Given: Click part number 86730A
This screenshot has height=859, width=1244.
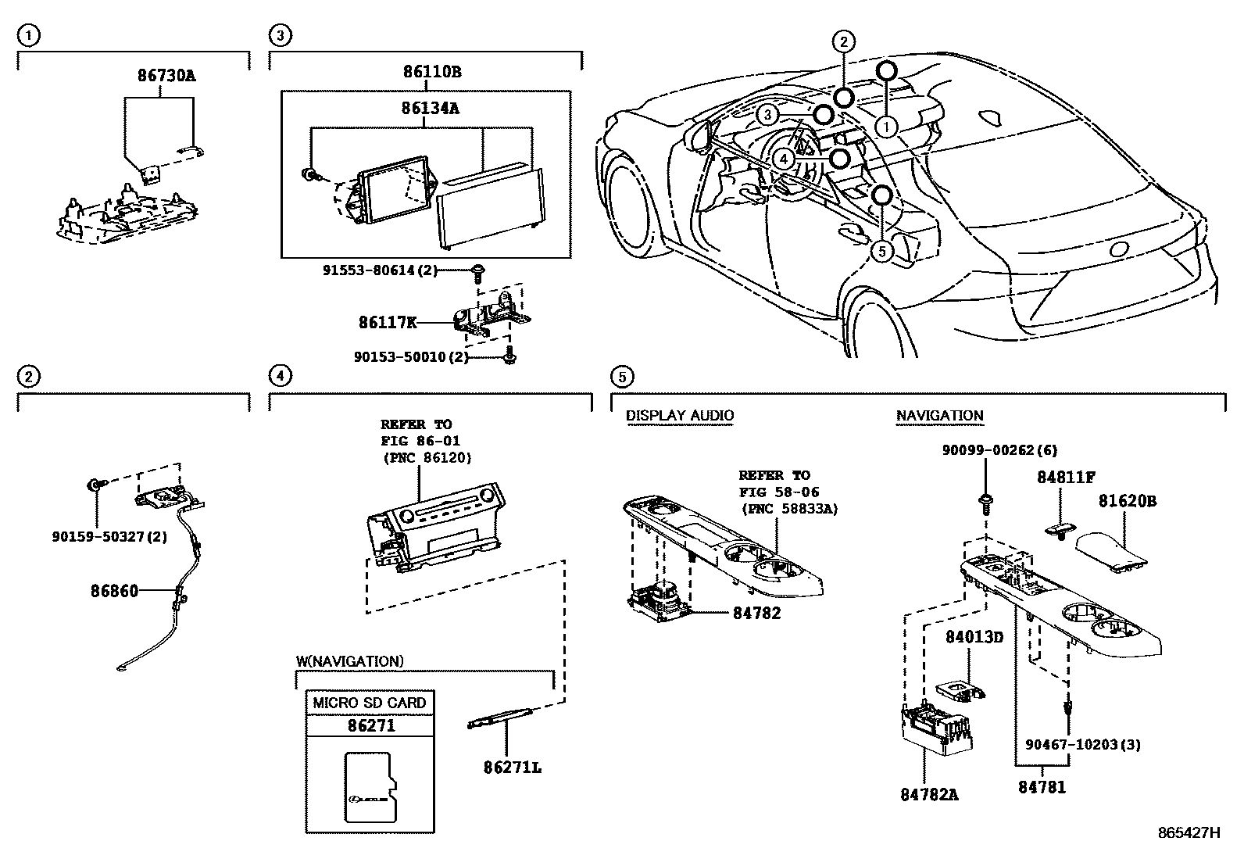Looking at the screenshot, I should tap(166, 76).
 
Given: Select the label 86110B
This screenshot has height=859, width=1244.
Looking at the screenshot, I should tap(432, 72).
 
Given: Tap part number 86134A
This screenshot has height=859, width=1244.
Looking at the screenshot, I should tap(430, 108).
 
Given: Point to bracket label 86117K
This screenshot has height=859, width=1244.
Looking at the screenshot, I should tap(388, 321).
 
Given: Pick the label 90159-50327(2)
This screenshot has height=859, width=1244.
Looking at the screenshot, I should tap(110, 537).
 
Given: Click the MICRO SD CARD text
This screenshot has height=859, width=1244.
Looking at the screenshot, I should tap(370, 703).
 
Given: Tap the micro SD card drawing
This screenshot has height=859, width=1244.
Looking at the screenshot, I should tap(370, 787).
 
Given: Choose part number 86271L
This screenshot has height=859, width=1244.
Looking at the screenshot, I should tap(513, 767).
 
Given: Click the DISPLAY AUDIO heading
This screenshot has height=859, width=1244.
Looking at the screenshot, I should tap(680, 416).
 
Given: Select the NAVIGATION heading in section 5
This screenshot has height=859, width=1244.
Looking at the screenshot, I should tap(939, 416).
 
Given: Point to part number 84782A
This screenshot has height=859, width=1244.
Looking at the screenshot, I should tap(929, 795).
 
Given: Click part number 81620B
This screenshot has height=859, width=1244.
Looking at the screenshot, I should tap(1127, 501).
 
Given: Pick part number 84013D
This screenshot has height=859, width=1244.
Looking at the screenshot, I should tap(974, 637).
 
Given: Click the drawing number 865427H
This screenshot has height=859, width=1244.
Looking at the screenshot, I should tap(1189, 832).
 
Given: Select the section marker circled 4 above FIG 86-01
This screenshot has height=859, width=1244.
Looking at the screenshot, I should tap(280, 376).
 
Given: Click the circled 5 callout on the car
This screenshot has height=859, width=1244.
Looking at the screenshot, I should tap(881, 251).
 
